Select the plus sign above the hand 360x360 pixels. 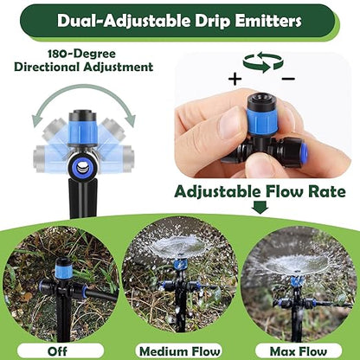tap(235, 79)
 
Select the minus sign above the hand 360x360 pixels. tap(287, 79)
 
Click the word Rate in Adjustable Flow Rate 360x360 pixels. tap(323, 190)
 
